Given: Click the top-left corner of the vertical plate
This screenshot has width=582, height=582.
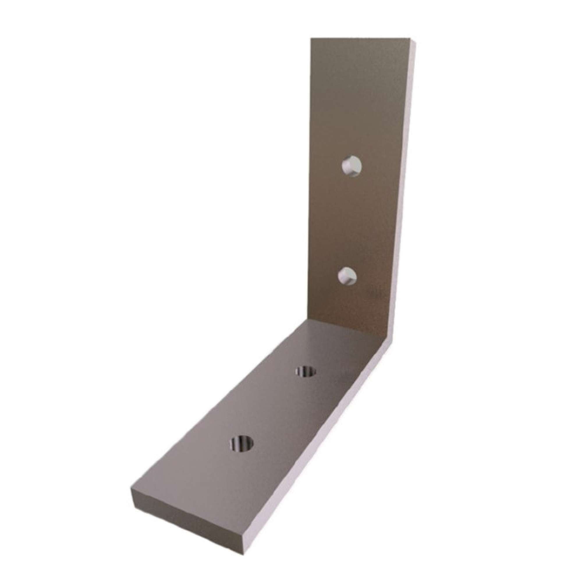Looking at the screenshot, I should (x=311, y=38).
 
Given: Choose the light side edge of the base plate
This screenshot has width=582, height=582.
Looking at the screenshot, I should (x=316, y=452).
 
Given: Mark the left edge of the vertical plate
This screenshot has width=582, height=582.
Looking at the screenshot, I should (x=311, y=181).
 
